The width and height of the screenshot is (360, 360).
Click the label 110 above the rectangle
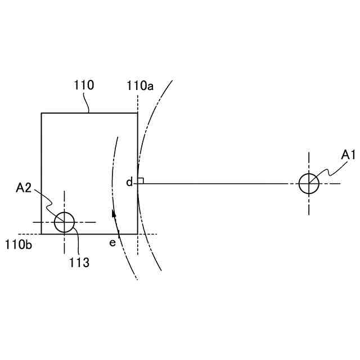click(x=84, y=85)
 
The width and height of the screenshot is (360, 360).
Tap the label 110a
click(x=140, y=85)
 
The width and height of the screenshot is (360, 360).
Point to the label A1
click(x=349, y=154)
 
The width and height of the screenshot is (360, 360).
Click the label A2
click(x=24, y=188)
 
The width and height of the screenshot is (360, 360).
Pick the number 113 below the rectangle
click(x=79, y=262)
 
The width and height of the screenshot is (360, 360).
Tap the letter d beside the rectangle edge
click(x=129, y=182)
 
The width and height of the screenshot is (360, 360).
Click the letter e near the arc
click(x=112, y=242)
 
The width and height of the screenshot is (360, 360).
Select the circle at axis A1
click(x=309, y=183)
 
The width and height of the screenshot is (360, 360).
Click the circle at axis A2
click(x=64, y=222)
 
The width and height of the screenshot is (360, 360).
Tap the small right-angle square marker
click(x=141, y=181)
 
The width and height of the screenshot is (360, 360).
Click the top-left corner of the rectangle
click(x=42, y=113)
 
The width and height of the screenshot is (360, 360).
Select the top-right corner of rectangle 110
click(x=137, y=113)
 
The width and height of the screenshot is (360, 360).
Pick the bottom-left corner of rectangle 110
click(x=42, y=233)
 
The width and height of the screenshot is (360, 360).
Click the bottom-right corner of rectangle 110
click(x=137, y=233)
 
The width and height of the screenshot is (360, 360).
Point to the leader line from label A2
click(x=46, y=204)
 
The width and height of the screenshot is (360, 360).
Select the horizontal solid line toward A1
click(x=219, y=183)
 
